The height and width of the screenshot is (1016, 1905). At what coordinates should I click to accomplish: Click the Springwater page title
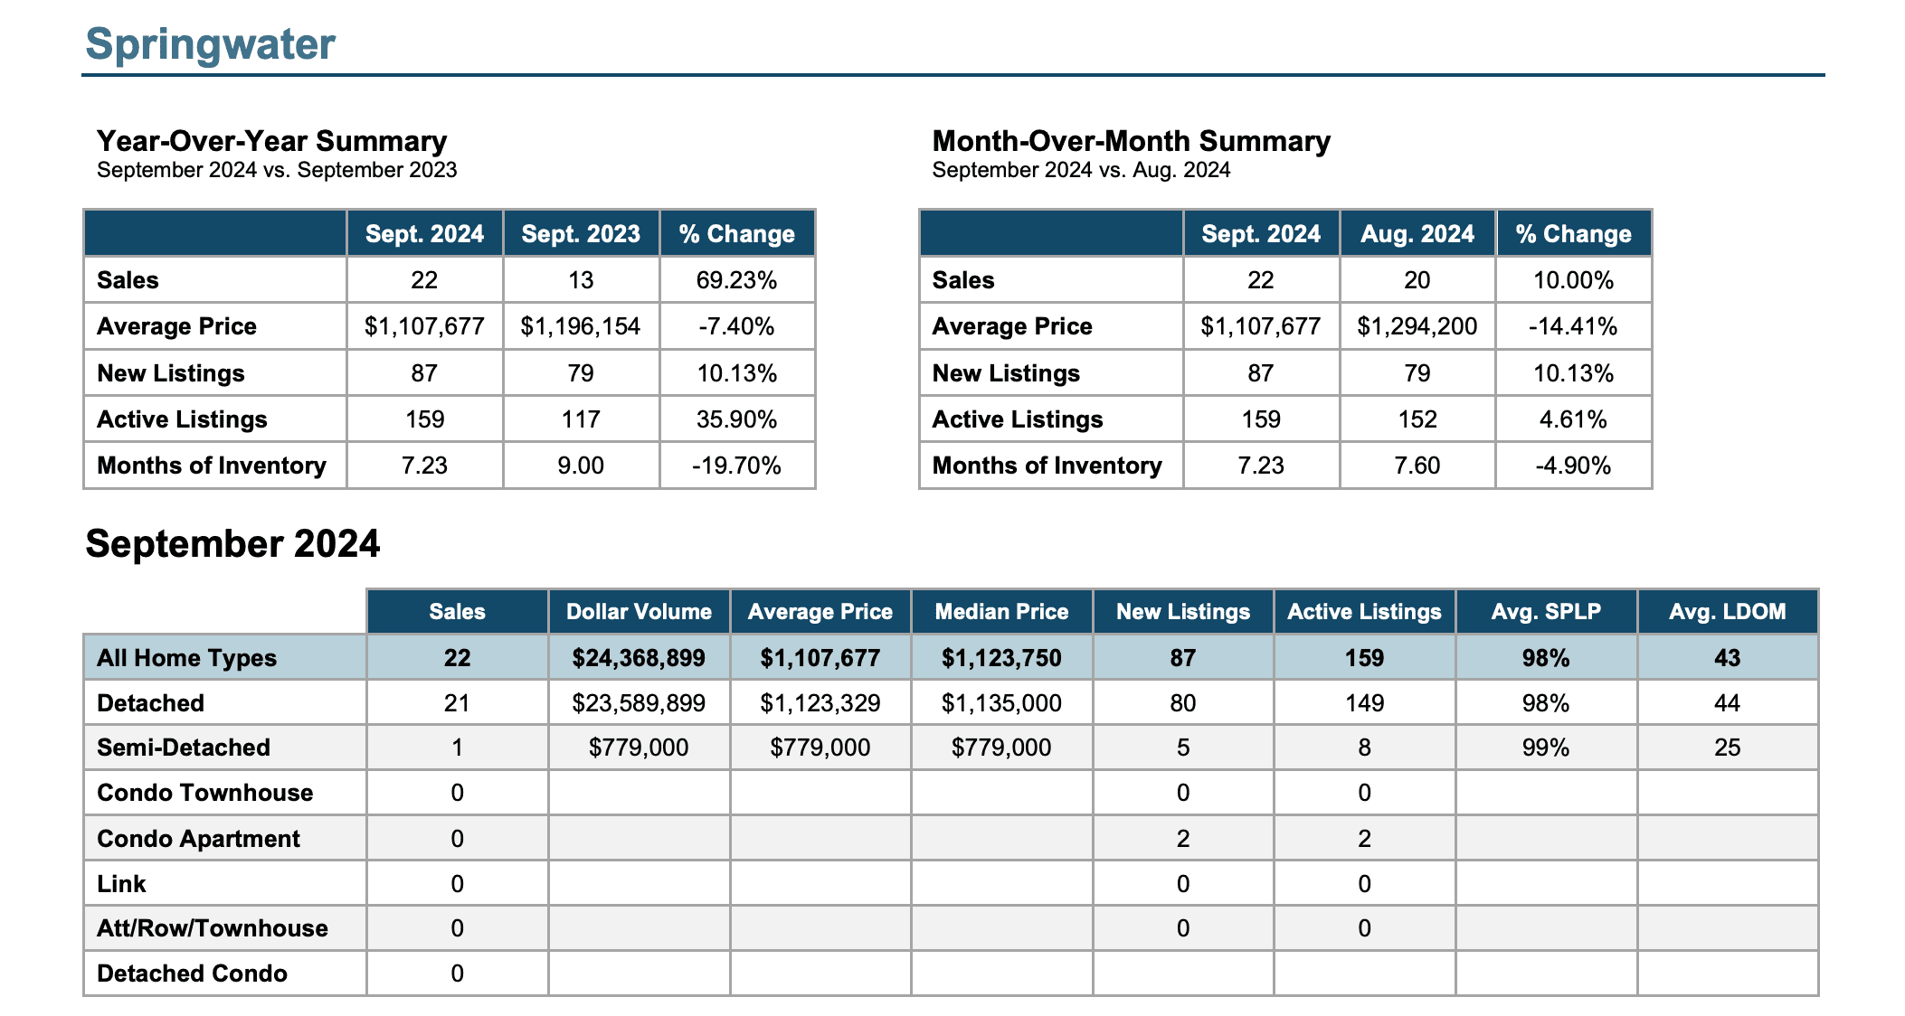[210, 44]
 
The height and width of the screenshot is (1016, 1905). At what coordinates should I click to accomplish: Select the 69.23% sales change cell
[736, 280]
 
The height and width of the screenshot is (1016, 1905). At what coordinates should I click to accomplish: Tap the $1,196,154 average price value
[580, 326]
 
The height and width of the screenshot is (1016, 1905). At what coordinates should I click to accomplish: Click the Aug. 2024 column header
[1417, 234]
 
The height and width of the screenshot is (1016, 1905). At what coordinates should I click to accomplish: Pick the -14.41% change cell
[1573, 326]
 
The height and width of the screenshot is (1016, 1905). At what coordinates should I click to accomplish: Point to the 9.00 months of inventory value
[580, 466]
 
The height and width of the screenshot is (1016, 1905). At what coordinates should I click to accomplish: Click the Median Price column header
[1001, 612]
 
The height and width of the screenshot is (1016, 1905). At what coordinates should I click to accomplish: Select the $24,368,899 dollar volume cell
[639, 658]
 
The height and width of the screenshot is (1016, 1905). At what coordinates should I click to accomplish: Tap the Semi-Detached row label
[184, 748]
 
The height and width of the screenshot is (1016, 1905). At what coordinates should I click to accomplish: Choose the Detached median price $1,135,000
[1001, 703]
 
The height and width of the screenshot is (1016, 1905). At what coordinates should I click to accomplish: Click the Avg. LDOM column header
[1727, 612]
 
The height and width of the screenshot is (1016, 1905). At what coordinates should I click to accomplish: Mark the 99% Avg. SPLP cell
[1545, 748]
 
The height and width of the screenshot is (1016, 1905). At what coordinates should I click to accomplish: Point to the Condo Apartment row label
[198, 839]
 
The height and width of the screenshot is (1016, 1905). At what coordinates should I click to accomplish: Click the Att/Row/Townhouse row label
[213, 928]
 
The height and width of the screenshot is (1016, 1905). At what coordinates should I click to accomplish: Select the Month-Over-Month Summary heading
[1132, 141]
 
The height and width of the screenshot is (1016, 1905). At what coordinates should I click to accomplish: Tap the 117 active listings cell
[580, 419]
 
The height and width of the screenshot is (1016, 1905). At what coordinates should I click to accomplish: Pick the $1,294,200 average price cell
[1417, 326]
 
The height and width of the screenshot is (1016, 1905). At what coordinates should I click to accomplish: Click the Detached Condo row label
[192, 974]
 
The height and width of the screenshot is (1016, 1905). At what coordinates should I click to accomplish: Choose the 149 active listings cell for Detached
[1364, 703]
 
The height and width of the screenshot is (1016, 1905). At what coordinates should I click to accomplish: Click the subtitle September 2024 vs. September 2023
[277, 170]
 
